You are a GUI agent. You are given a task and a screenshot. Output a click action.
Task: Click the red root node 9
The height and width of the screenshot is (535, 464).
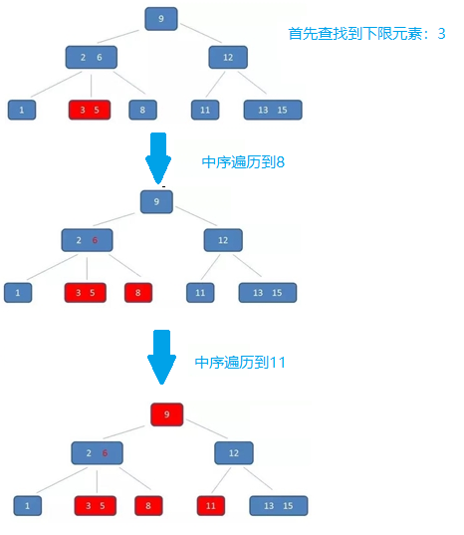pyautogui.click(x=166, y=414)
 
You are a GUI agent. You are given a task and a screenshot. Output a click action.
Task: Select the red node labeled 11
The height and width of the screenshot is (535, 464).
pyautogui.click(x=211, y=506)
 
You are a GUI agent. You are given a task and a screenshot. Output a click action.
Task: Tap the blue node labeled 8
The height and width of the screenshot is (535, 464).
pyautogui.click(x=142, y=110)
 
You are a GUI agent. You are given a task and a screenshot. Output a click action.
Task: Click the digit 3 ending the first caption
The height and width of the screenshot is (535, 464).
pyautogui.click(x=441, y=34)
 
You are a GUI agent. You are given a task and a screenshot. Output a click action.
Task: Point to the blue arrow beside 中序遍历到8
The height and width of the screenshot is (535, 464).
pyautogui.click(x=158, y=158)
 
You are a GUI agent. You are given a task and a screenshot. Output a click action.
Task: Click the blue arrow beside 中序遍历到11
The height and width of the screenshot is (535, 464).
pyautogui.click(x=161, y=357)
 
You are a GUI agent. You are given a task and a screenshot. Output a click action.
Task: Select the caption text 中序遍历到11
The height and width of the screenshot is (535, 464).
pyautogui.click(x=240, y=363)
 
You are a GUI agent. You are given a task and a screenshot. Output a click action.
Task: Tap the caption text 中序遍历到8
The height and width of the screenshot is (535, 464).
pyautogui.click(x=243, y=162)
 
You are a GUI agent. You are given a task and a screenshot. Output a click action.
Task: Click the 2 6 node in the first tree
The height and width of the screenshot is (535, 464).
pyautogui.click(x=92, y=58)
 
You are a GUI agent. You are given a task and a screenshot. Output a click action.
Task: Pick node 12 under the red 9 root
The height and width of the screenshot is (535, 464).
pyautogui.click(x=234, y=453)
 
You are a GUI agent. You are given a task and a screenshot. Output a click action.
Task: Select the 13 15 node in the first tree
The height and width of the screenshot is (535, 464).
pyautogui.click(x=273, y=110)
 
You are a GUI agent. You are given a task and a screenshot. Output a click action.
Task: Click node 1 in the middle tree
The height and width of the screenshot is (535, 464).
pyautogui.click(x=18, y=293)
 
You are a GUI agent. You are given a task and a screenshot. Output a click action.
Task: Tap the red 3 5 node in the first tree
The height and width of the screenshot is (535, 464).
pyautogui.click(x=90, y=110)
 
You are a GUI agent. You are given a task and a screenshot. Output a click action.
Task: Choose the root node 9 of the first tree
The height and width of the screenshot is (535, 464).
pyautogui.click(x=161, y=19)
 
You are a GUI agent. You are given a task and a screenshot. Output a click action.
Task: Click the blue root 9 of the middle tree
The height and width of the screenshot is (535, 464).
pyautogui.click(x=156, y=202)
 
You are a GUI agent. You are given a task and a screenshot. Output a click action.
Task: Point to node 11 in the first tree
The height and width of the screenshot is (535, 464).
pyautogui.click(x=205, y=110)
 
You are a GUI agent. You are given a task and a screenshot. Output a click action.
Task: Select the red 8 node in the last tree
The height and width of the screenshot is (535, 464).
pyautogui.click(x=148, y=506)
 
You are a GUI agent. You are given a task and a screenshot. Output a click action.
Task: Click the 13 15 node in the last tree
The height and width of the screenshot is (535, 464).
pyautogui.click(x=279, y=506)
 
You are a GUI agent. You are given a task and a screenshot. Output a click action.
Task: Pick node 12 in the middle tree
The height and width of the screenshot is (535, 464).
pyautogui.click(x=223, y=240)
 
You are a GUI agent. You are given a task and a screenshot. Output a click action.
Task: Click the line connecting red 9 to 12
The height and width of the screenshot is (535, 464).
pyautogui.click(x=206, y=428)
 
